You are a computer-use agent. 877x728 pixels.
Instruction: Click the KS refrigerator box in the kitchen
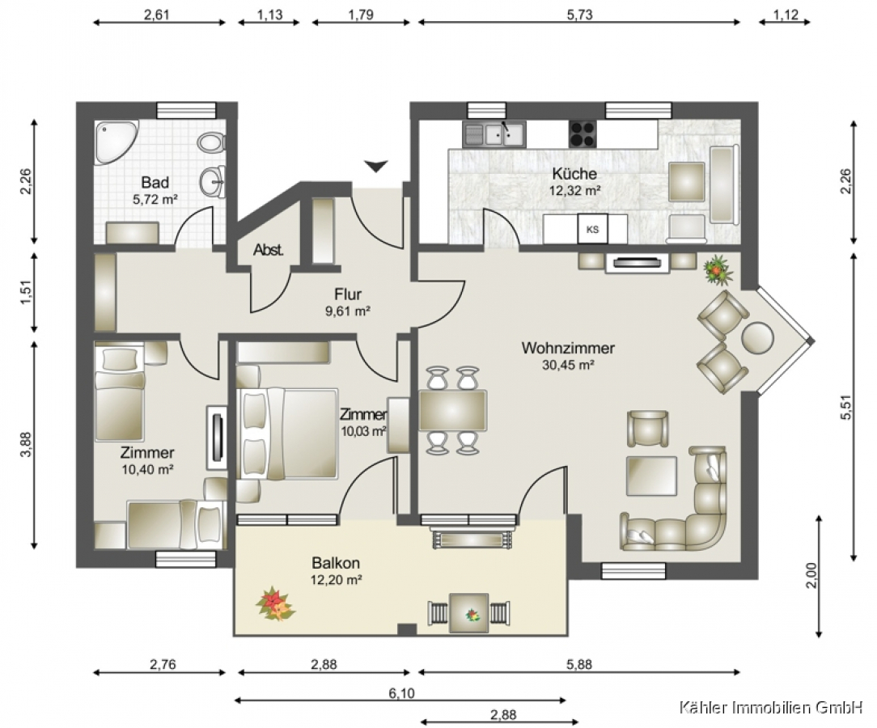point(592,229)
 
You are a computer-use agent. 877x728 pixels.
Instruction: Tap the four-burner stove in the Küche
point(583,134)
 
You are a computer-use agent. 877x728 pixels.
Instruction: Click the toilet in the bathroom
point(211,142)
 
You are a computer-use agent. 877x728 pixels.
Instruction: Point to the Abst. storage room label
point(269,250)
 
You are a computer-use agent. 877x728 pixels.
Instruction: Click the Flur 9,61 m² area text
point(348,303)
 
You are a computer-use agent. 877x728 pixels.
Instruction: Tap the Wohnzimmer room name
point(568,348)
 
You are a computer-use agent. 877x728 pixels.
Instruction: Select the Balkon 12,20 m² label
point(336,571)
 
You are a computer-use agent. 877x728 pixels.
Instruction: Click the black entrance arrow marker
point(376,166)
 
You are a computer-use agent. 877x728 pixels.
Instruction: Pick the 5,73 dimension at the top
point(579,15)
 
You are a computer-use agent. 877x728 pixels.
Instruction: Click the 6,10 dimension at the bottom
point(401,693)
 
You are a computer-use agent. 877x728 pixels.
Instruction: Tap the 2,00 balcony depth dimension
point(811,575)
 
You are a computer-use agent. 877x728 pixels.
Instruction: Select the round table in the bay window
point(758,338)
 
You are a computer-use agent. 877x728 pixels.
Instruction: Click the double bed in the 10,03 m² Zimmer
point(287,434)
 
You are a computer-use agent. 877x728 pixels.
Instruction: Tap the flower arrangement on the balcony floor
point(274,604)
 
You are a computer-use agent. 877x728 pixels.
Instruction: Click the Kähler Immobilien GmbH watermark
point(771,708)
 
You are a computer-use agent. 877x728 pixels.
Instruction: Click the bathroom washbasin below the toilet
point(213,182)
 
